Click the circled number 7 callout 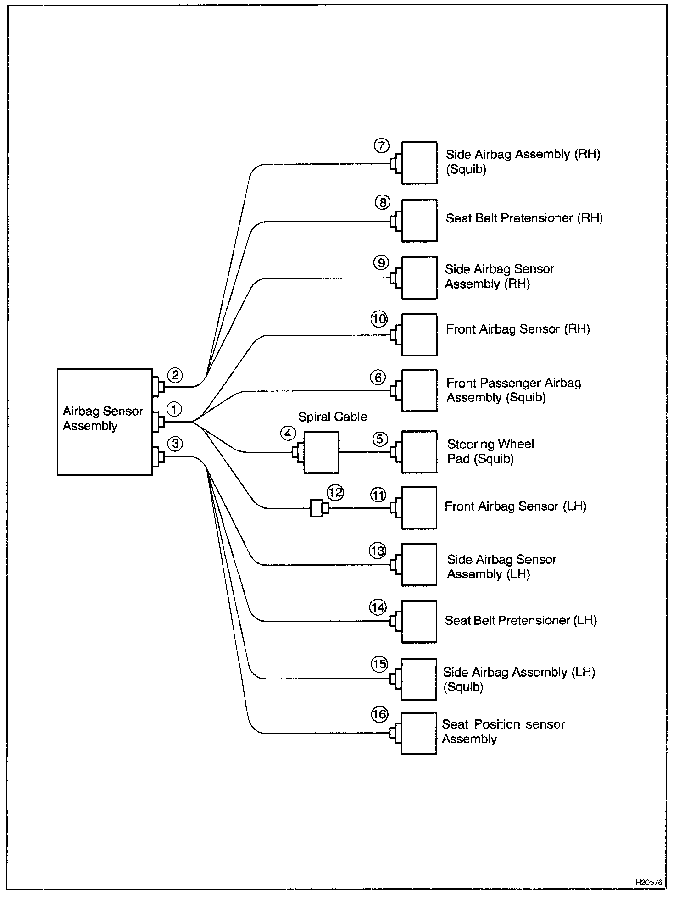(381, 146)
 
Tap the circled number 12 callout (335, 493)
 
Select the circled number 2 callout (175, 376)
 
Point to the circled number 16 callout (379, 714)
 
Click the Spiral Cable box (321, 452)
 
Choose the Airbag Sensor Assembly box (105, 422)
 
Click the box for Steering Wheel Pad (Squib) (419, 452)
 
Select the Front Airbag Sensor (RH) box (419, 334)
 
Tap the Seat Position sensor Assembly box (418, 733)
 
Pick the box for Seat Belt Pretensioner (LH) (418, 622)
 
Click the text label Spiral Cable (333, 417)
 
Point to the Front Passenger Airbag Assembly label (513, 390)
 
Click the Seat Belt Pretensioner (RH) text (524, 218)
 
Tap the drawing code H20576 (649, 882)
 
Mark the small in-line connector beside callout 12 (317, 508)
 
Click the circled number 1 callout (174, 409)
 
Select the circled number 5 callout (380, 439)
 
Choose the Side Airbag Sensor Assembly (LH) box (418, 565)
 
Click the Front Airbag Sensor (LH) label (515, 506)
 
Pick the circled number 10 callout (379, 319)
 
